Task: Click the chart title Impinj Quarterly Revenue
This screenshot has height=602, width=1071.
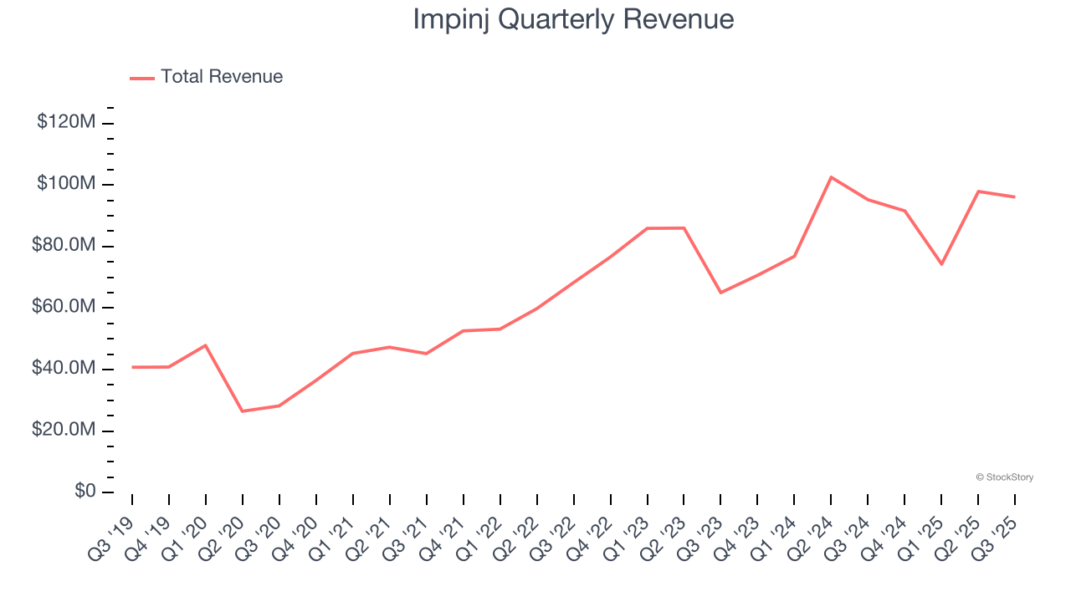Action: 573,20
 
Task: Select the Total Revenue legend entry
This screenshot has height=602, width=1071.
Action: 207,77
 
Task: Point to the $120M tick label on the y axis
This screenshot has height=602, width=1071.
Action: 66,122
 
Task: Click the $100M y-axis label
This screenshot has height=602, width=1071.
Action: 66,184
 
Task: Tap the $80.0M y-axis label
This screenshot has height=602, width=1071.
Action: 66,246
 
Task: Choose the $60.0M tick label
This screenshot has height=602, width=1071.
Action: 66,307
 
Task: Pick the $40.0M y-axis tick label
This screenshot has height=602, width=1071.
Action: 66,369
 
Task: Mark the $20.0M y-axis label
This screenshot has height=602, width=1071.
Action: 66,430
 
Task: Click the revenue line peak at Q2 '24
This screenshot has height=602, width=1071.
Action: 831,177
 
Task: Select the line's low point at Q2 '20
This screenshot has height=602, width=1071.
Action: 243,411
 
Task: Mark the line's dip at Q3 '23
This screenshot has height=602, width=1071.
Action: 720,293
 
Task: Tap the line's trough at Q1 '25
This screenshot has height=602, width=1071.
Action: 941,264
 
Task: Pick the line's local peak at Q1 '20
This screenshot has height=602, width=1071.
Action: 206,345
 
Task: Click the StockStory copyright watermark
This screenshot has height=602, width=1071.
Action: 1004,477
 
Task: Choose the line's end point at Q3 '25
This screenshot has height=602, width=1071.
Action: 1015,197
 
